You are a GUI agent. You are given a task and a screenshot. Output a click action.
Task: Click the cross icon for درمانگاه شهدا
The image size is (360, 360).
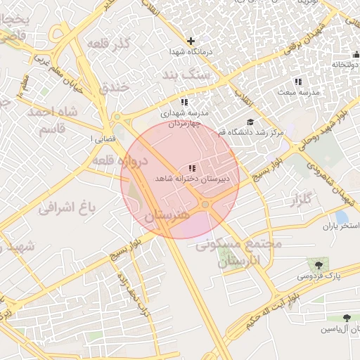(x=191, y=41)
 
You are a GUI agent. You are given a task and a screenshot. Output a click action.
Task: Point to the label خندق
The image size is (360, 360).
(x=115, y=88)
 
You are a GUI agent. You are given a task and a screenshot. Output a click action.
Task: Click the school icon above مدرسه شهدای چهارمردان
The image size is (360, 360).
(x=184, y=102)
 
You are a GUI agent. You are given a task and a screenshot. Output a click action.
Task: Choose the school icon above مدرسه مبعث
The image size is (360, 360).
(x=298, y=82)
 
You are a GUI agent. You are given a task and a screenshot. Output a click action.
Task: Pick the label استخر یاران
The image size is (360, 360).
(x=340, y=226)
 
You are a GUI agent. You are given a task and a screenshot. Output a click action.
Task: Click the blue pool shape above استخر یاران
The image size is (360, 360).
(x=342, y=217)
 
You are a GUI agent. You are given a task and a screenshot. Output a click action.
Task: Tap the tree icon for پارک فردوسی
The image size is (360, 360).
(x=319, y=265)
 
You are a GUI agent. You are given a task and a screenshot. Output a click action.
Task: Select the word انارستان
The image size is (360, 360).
(x=239, y=262)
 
